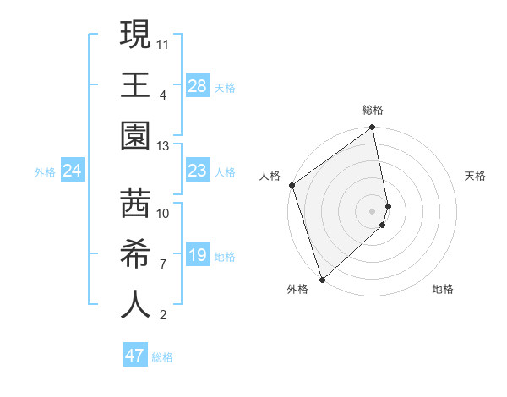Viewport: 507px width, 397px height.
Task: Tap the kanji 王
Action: [x=135, y=85]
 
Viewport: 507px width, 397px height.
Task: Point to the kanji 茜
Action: [x=135, y=203]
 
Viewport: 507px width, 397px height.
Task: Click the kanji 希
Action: [x=135, y=253]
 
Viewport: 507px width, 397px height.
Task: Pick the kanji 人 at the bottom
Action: [x=135, y=305]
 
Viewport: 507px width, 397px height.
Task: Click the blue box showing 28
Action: [x=197, y=85]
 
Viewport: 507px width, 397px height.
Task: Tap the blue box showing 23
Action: [x=197, y=171]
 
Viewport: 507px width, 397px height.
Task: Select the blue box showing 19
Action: [x=197, y=254]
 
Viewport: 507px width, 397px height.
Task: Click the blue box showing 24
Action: [x=73, y=171]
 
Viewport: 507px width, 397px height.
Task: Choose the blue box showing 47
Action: [x=135, y=356]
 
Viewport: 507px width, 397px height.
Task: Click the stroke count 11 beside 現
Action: [x=163, y=41]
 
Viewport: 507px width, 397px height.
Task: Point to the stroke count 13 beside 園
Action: [x=163, y=145]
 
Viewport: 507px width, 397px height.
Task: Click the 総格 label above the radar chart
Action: [x=373, y=110]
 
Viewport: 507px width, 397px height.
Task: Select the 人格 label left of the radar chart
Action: [x=270, y=176]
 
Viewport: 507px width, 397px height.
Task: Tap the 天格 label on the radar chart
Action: [x=476, y=176]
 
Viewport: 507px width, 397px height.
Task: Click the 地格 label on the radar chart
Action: [x=443, y=290]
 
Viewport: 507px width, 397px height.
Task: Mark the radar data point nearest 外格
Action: [x=322, y=279]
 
